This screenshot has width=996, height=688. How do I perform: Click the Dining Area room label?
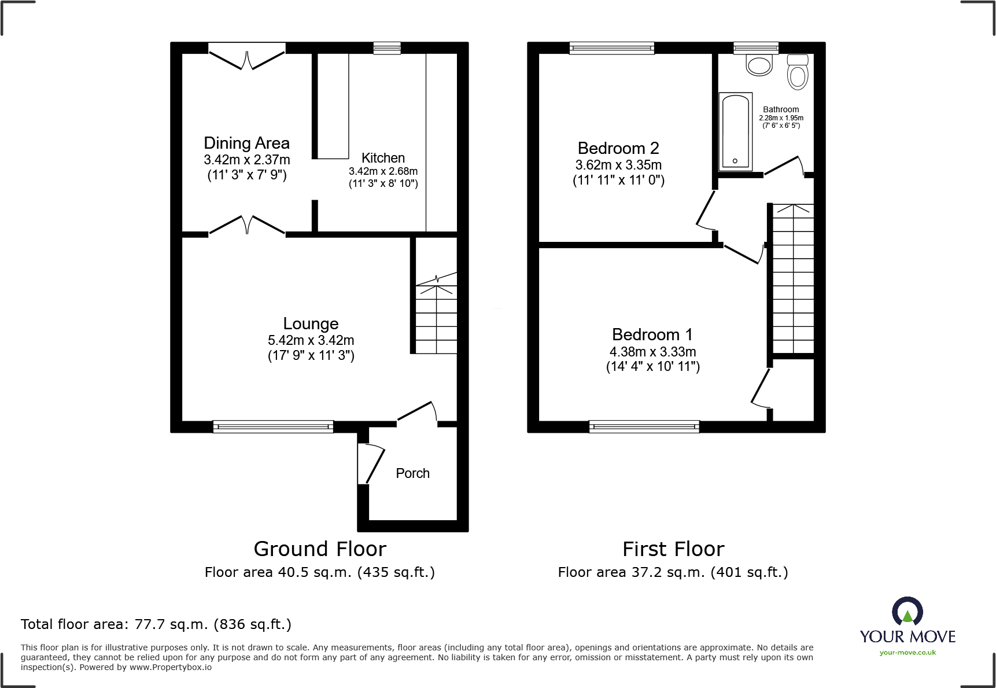pyautogui.click(x=246, y=143)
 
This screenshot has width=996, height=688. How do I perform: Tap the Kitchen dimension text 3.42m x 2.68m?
pyautogui.click(x=383, y=171)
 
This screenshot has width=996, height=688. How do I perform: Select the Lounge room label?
pyautogui.click(x=311, y=323)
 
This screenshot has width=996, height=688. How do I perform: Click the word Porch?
pyautogui.click(x=412, y=473)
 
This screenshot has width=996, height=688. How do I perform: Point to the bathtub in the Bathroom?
pyautogui.click(x=735, y=132)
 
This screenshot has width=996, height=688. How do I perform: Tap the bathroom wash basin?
pyautogui.click(x=759, y=65)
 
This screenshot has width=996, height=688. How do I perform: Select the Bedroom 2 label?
pyautogui.click(x=618, y=148)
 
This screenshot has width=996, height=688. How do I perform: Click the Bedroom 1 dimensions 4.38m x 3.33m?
pyautogui.click(x=652, y=352)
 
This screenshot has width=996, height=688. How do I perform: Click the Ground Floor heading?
pyautogui.click(x=320, y=549)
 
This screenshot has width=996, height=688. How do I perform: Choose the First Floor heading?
pyautogui.click(x=673, y=549)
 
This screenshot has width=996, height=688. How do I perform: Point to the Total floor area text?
pyautogui.click(x=156, y=624)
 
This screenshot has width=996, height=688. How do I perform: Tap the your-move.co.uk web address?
pyautogui.click(x=908, y=653)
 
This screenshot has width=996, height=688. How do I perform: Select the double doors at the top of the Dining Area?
pyautogui.click(x=247, y=58)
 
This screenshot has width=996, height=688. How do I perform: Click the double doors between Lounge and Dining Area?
pyautogui.click(x=247, y=225)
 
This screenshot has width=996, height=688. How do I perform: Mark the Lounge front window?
pyautogui.click(x=273, y=427)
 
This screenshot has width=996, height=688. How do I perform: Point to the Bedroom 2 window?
pyautogui.click(x=611, y=49)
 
